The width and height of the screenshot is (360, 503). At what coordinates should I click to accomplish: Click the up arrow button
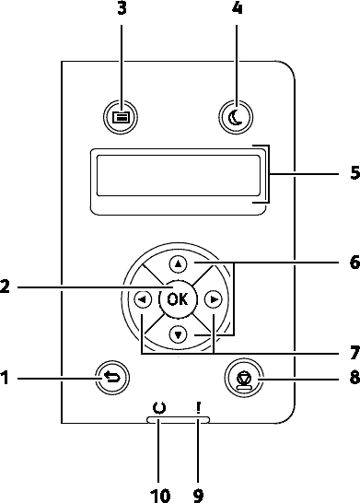click(178, 264)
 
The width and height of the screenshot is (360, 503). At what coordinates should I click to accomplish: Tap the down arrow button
click(178, 335)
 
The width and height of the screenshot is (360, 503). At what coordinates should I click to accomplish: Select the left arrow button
click(143, 299)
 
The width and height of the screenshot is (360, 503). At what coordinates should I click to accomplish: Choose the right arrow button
click(214, 299)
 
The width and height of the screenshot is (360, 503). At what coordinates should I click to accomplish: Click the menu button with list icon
click(121, 117)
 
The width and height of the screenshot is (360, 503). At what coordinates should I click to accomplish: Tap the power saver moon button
click(236, 117)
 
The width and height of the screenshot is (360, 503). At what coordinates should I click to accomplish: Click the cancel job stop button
click(244, 379)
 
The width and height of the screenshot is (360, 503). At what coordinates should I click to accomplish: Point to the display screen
click(179, 175)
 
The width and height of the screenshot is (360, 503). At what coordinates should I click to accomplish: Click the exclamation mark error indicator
click(199, 408)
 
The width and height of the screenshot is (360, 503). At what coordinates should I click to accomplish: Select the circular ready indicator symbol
click(159, 408)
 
